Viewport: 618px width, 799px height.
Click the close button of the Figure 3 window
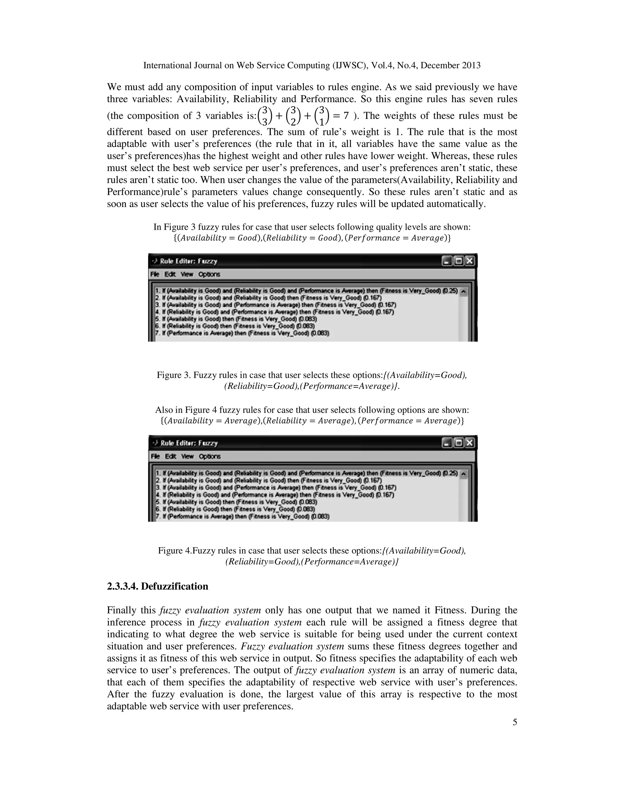[469, 261]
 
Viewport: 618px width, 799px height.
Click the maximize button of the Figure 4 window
[458, 443]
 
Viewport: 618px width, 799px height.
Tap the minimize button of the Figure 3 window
[446, 261]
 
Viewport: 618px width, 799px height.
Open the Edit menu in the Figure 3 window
[170, 274]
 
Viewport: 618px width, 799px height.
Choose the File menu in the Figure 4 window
[155, 456]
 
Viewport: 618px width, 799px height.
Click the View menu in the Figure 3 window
[187, 274]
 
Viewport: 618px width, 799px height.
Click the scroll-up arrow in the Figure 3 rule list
[463, 292]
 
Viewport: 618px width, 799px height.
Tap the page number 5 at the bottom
[514, 722]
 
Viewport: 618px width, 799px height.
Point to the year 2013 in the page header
[471, 65]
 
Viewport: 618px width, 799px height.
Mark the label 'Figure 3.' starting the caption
[174, 375]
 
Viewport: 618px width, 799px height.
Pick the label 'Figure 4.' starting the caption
[175, 551]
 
